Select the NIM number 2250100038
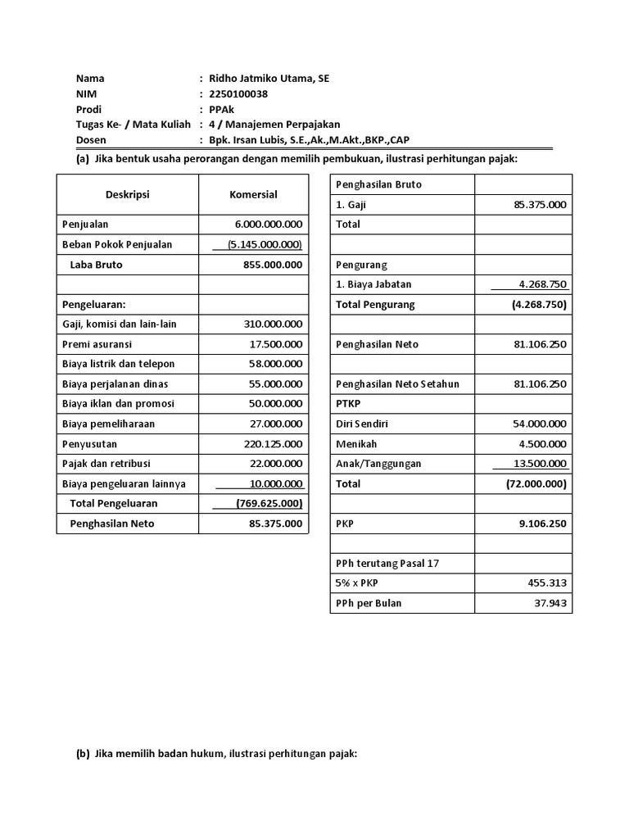238,94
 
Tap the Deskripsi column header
127,194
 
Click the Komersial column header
253,194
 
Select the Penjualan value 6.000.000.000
268,224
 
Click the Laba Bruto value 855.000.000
273,265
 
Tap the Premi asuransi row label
97,344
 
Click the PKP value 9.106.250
541,524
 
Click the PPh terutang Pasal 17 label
381,564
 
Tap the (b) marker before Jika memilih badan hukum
83,755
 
